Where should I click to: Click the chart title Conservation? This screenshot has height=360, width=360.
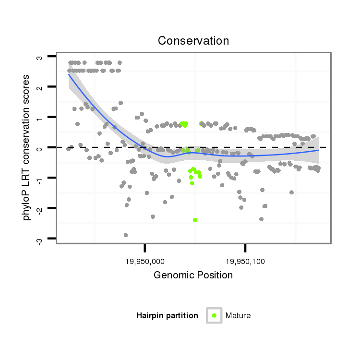(x=193, y=41)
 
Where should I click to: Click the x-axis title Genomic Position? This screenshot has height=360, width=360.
(x=193, y=275)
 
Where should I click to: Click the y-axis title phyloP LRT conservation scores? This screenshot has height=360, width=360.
(x=27, y=147)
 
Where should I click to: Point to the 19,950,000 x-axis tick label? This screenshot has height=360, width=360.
(x=144, y=262)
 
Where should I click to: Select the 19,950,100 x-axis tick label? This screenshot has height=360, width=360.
(x=245, y=262)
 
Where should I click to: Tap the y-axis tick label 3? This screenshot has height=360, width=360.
(x=39, y=57)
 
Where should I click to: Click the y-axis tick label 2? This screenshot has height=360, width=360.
(x=39, y=87)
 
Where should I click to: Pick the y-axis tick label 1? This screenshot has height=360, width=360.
(x=39, y=117)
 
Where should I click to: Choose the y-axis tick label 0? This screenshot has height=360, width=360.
(x=39, y=147)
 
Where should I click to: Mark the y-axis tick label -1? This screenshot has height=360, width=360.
(x=39, y=178)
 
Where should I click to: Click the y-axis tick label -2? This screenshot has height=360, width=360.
(x=39, y=208)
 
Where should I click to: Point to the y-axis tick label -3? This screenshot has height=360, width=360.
(x=39, y=239)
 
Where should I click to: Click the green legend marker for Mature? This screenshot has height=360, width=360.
(x=214, y=315)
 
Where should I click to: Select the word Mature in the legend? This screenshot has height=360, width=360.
(x=238, y=315)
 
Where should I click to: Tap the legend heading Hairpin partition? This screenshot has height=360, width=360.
(x=167, y=315)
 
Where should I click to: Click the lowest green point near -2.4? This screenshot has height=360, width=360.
(x=195, y=220)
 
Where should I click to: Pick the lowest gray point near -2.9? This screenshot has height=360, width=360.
(x=126, y=235)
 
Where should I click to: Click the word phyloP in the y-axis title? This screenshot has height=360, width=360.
(x=27, y=206)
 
